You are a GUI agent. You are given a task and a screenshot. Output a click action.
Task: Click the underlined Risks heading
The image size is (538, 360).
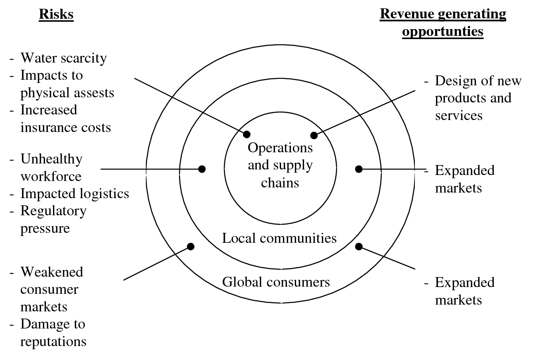coord(56,14)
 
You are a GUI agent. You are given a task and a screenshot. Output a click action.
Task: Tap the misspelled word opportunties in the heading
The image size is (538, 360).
coord(442,31)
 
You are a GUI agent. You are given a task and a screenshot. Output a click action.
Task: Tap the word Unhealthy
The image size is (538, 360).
coord(51,159)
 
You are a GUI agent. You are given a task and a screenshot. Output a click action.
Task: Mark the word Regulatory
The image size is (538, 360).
coord(53,211)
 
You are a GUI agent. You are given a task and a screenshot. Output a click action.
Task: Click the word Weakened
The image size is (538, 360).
coord(52,272)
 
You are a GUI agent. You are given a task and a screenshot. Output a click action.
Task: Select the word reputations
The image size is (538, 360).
coord(53,342)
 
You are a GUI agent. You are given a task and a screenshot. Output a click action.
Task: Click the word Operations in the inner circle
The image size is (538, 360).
coord(280,148)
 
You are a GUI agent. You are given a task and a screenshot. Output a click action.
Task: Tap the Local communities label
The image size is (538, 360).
coord(279,238)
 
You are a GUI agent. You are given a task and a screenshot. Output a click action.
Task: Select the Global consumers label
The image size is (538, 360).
coord(276,282)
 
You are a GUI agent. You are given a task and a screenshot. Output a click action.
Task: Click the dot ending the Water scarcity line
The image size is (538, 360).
coord(247,134)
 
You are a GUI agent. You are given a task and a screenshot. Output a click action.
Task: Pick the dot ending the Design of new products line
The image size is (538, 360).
coord(314,135)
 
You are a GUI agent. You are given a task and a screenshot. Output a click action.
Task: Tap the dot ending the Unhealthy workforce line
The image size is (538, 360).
coord(202,169)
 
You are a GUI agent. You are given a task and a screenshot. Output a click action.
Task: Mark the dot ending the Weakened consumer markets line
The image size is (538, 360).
coord(191,246)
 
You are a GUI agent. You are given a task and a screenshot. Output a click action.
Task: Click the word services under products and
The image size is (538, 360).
coord(459,116)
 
